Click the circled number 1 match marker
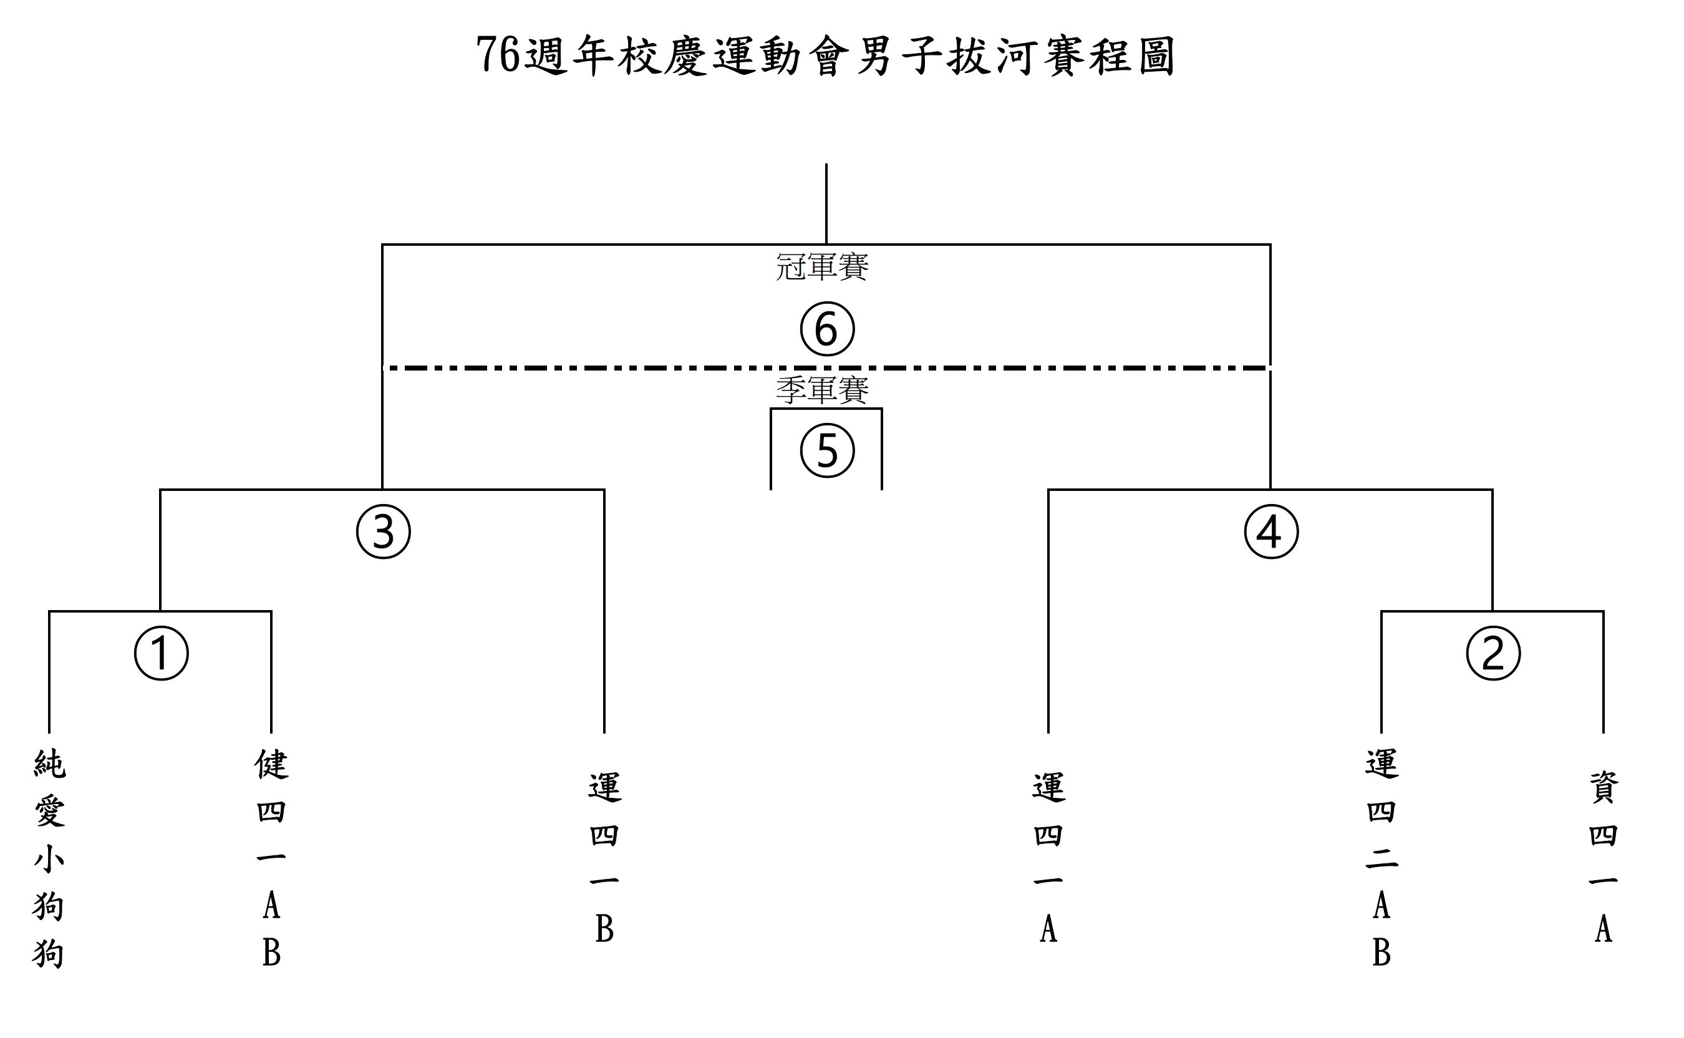pyautogui.click(x=162, y=653)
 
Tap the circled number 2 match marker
pyautogui.click(x=1493, y=653)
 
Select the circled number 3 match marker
pyautogui.click(x=384, y=531)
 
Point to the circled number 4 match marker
pyautogui.click(x=1272, y=531)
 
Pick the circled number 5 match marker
pyautogui.click(x=828, y=451)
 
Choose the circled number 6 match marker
pyautogui.click(x=828, y=329)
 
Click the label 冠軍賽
pyautogui.click(x=822, y=266)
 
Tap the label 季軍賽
pyautogui.click(x=822, y=390)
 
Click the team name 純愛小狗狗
pyautogui.click(x=49, y=859)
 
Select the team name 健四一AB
pyautogui.click(x=272, y=858)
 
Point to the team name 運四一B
pyautogui.click(x=604, y=858)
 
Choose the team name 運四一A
pyautogui.click(x=1048, y=858)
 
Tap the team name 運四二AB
pyautogui.click(x=1382, y=858)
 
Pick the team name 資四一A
pyautogui.click(x=1604, y=858)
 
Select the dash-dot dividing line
pyautogui.click(x=826, y=369)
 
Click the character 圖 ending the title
pyautogui.click(x=1156, y=55)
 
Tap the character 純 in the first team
pyautogui.click(x=49, y=764)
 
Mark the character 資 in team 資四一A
pyautogui.click(x=1604, y=787)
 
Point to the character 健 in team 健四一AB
pyautogui.click(x=272, y=764)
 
